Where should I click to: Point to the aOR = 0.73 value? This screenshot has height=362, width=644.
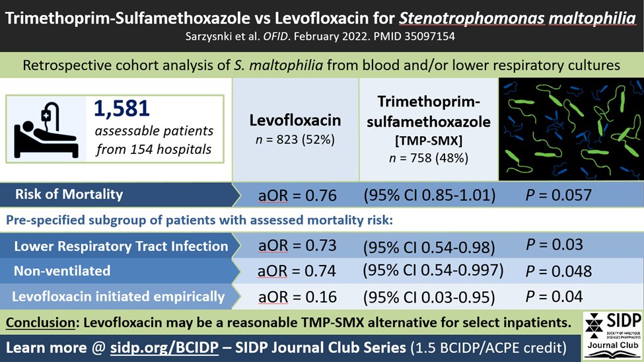tap(297, 246)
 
